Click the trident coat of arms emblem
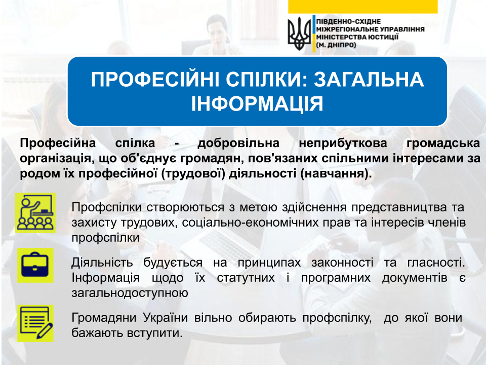tap(299, 33)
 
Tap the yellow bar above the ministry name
tap(362, 7)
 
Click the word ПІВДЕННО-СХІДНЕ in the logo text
tap(348, 21)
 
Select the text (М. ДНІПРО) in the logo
tap(336, 45)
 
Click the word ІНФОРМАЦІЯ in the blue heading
tap(257, 103)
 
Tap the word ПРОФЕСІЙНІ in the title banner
tap(155, 80)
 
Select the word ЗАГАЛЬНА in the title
tap(369, 80)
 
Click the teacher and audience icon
tap(35, 213)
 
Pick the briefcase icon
tap(35, 265)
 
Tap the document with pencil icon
tap(35, 323)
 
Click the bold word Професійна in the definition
tap(58, 143)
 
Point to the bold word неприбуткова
tap(343, 143)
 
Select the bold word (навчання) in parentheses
tap(336, 173)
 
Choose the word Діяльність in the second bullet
tap(102, 263)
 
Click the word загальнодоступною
tap(130, 293)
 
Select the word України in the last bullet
tap(166, 318)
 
